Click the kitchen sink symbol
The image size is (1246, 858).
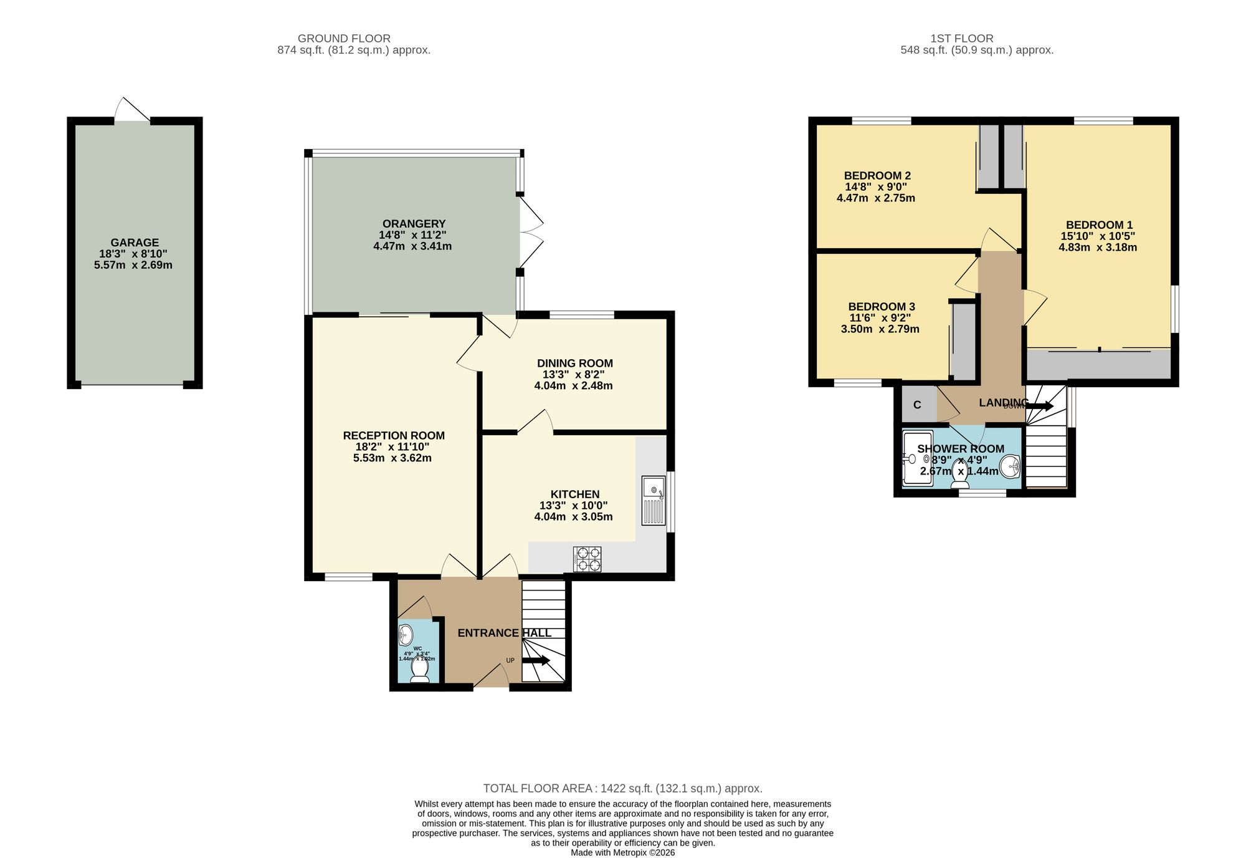pyautogui.click(x=654, y=500)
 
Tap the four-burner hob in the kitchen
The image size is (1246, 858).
pyautogui.click(x=587, y=559)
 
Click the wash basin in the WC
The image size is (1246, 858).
pyautogui.click(x=406, y=635)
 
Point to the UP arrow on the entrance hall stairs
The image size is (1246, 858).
pyautogui.click(x=536, y=660)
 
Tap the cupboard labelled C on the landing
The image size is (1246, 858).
pyautogui.click(x=917, y=405)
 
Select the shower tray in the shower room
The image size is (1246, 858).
pyautogui.click(x=918, y=458)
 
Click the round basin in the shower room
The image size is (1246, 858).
pyautogui.click(x=1010, y=465)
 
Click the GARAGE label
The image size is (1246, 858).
pyautogui.click(x=135, y=243)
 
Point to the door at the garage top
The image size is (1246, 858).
pyautogui.click(x=132, y=110)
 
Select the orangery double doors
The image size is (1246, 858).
pyautogui.click(x=531, y=234)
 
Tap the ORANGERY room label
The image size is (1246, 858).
pyautogui.click(x=414, y=224)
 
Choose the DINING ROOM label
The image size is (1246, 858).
pyautogui.click(x=574, y=364)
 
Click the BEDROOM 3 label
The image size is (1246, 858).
pyautogui.click(x=881, y=307)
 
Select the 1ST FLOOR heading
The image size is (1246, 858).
pyautogui.click(x=961, y=39)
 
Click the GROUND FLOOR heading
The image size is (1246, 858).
pyautogui.click(x=344, y=39)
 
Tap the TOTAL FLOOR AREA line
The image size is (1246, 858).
pyautogui.click(x=622, y=788)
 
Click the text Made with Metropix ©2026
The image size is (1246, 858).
pyautogui.click(x=622, y=852)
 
